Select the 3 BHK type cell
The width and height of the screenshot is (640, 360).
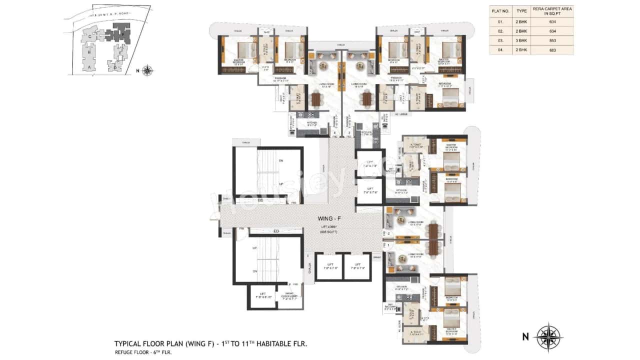click(521, 41)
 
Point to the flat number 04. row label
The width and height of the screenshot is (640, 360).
click(500, 50)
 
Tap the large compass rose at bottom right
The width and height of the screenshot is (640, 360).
click(548, 336)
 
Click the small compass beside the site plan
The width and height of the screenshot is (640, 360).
click(147, 70)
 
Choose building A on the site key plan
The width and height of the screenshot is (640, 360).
click(89, 66)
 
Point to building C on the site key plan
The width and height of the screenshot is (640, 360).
click(89, 36)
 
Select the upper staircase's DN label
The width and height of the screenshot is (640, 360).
click(281, 161)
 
